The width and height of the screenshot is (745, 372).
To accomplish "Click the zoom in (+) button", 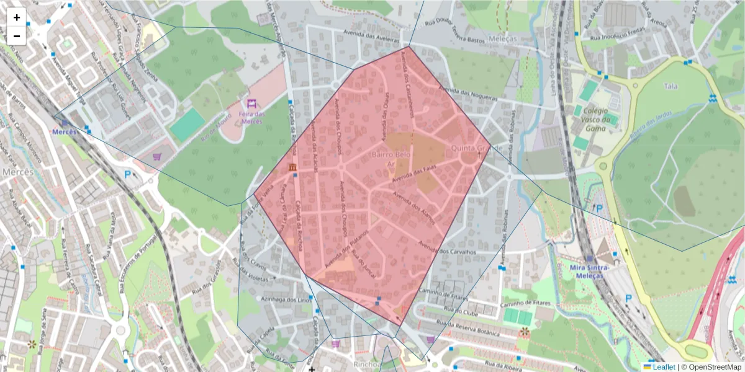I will (x=17, y=17).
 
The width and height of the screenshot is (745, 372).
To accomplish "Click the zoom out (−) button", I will (x=17, y=36).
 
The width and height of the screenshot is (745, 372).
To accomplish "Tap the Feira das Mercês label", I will (x=251, y=117).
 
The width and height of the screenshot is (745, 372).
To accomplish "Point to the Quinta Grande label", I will (x=476, y=149).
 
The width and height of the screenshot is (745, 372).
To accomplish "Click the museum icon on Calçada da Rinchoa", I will (x=292, y=168).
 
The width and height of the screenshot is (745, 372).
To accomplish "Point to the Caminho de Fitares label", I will (x=441, y=294).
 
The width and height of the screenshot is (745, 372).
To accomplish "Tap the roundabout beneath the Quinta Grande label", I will (x=470, y=159).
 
